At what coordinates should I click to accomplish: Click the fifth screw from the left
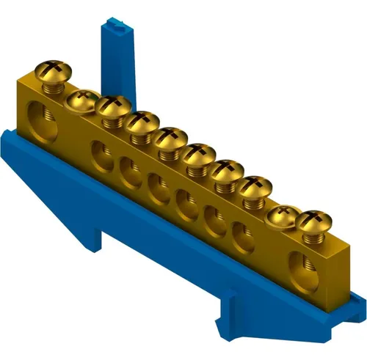click(x=170, y=137)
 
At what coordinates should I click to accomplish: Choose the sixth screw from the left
click(x=198, y=153)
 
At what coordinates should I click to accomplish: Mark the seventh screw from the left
click(x=227, y=170)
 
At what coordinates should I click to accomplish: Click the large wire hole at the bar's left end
click(x=37, y=117)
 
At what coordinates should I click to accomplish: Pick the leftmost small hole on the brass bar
click(x=99, y=153)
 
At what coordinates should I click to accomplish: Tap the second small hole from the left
click(x=128, y=170)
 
